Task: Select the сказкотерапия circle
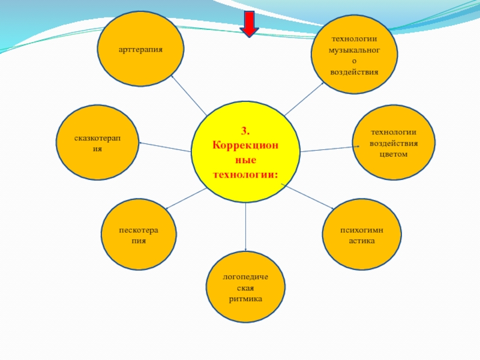tap(97, 143)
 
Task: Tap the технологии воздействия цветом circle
tap(393, 143)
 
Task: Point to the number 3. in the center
tap(245, 131)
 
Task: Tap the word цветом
tap(393, 154)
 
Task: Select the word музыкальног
tap(353, 50)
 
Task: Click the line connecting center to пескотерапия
tap(185, 199)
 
